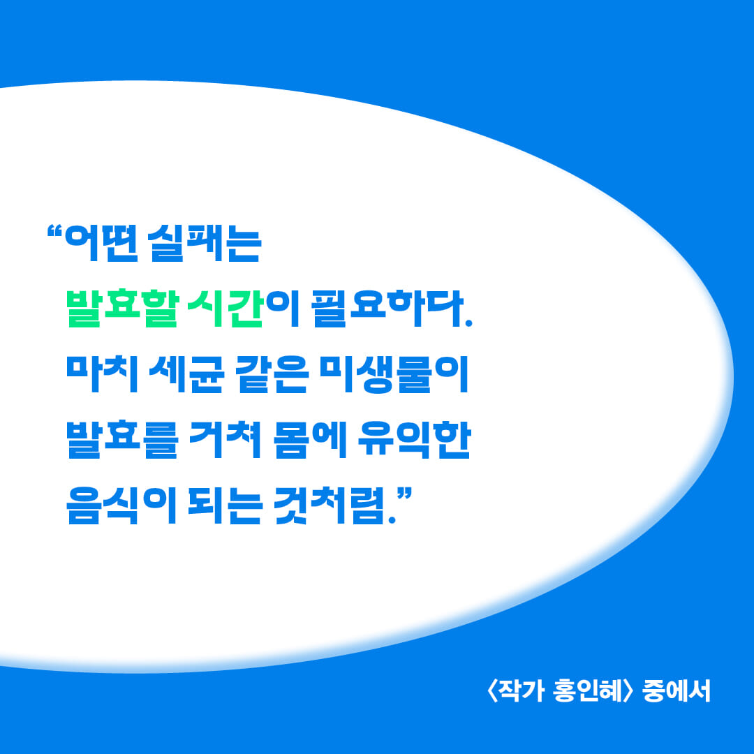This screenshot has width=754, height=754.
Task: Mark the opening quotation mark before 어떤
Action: tap(54, 230)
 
